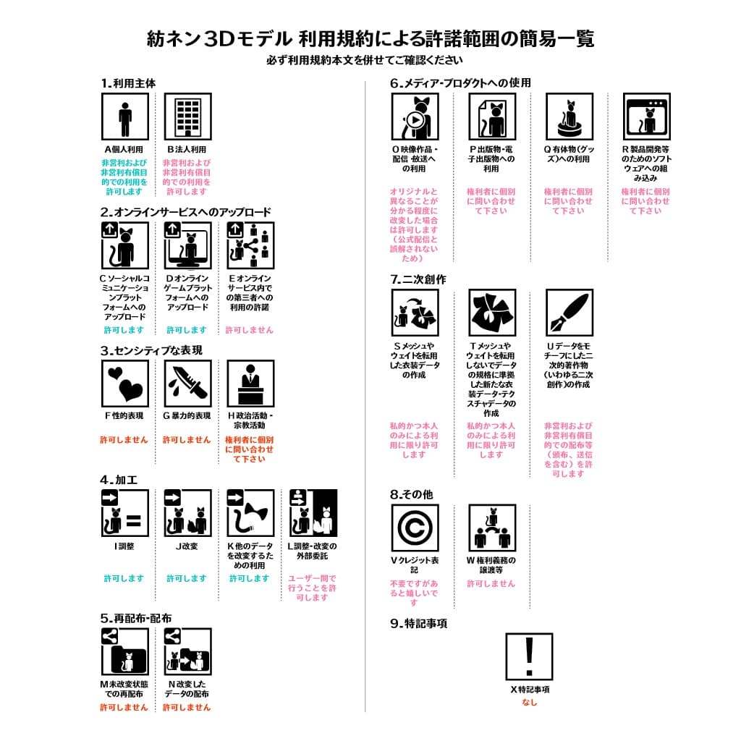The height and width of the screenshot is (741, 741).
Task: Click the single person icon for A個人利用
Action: [124, 117]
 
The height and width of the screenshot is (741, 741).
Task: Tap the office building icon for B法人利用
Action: [187, 117]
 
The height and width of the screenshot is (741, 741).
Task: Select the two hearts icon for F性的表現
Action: [124, 384]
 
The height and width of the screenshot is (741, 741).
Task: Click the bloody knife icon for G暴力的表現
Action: [187, 384]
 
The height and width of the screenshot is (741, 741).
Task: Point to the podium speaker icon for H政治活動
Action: [250, 384]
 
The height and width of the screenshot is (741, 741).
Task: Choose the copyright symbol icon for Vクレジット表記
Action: [415, 528]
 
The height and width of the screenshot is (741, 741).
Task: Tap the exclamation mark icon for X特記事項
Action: [529, 656]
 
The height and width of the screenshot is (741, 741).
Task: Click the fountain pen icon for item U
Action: [569, 313]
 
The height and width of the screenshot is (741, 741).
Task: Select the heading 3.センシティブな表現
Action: [151, 350]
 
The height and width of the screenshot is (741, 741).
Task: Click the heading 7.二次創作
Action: [418, 279]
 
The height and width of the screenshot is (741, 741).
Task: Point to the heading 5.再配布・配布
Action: [136, 618]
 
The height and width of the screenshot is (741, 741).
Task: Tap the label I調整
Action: [124, 546]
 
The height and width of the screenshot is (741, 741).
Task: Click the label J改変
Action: [187, 546]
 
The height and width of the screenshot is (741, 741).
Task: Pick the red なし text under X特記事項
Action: [529, 702]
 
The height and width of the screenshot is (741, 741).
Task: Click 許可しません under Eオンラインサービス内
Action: [250, 330]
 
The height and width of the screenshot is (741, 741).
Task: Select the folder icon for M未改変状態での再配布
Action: [124, 651]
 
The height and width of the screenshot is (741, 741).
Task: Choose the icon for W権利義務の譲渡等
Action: [491, 528]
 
